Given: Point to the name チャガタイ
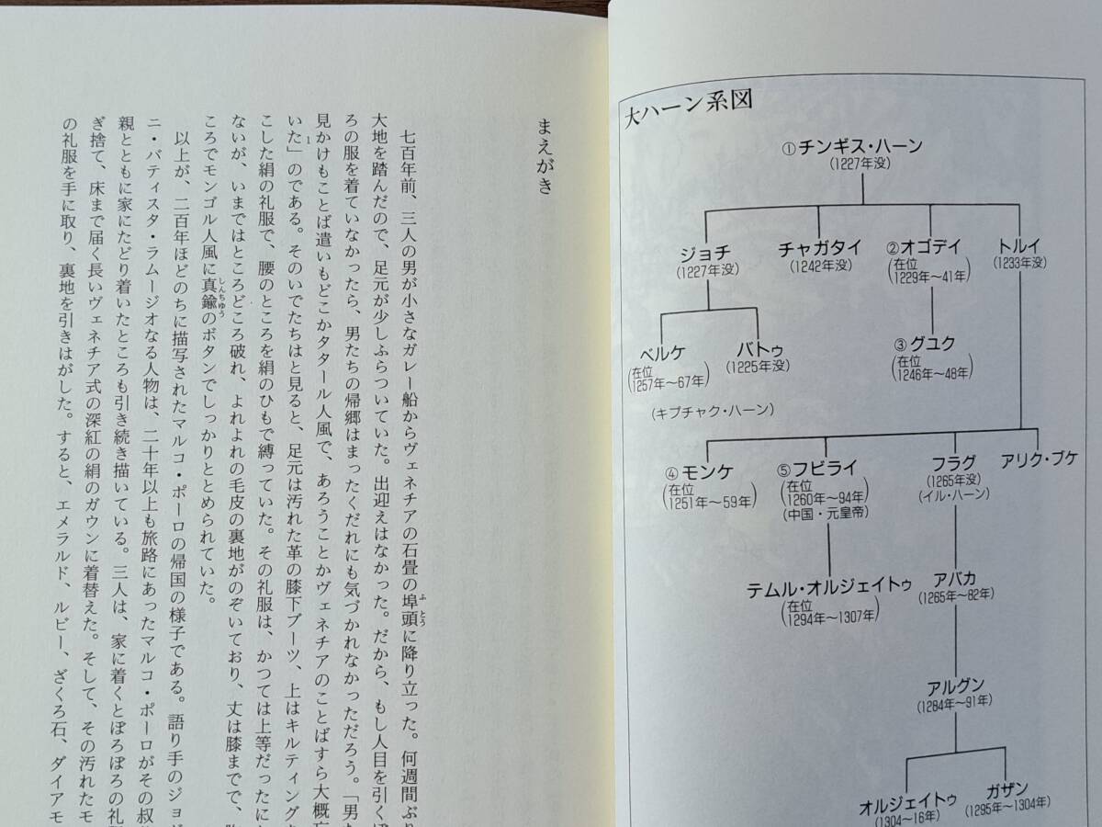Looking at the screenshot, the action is coord(819,248).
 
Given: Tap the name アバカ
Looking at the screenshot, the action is coord(955,580).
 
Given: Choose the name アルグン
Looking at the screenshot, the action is coord(955,686).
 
